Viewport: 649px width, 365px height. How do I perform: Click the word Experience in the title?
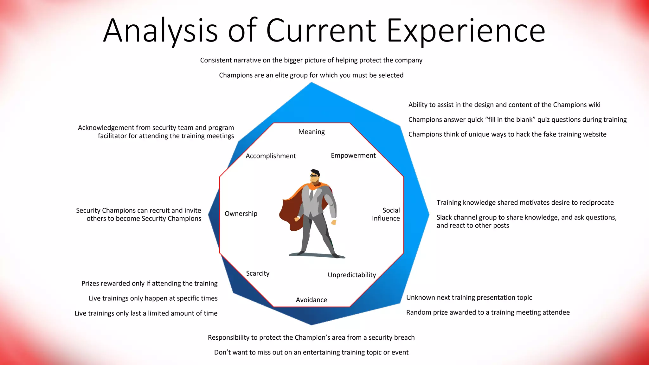(466, 31)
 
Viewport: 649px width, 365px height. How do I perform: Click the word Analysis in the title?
(160, 31)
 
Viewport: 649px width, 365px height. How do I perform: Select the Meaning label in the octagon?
(312, 132)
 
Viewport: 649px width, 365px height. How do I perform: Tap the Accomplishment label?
(271, 156)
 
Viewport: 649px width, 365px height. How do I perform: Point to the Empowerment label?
(353, 156)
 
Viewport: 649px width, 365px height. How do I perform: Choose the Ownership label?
(241, 214)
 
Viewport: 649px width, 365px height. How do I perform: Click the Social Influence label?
(386, 214)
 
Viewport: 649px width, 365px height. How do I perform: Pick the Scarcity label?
(258, 273)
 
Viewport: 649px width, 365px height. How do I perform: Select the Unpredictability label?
(352, 275)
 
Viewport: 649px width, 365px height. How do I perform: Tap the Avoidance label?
(312, 300)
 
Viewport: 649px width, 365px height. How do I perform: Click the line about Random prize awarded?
(488, 312)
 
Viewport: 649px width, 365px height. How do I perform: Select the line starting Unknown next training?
(469, 298)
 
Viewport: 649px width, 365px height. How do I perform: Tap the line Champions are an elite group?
(311, 75)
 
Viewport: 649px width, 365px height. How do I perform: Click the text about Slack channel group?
(526, 221)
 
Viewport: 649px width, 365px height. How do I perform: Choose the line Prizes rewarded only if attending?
(149, 284)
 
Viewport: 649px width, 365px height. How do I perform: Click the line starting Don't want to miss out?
(311, 352)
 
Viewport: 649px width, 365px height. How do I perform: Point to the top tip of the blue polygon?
(312, 84)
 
